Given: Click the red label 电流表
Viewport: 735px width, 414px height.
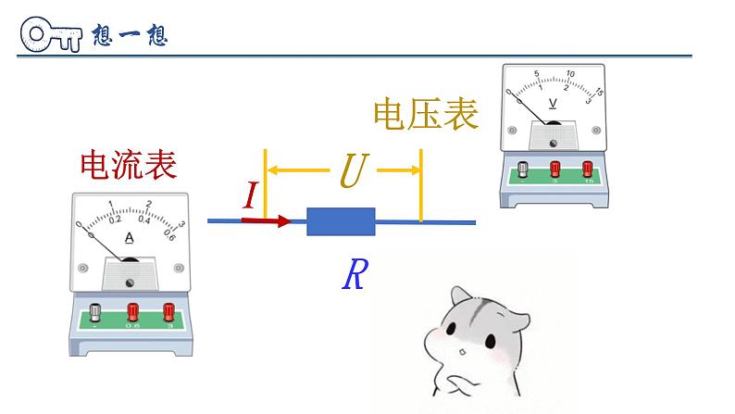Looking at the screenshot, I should pyautogui.click(x=128, y=165).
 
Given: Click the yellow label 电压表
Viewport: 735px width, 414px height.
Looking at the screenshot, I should pyautogui.click(x=426, y=115).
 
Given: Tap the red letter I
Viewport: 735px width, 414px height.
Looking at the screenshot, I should pyautogui.click(x=250, y=195).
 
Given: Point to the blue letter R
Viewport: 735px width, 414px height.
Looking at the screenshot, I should pyautogui.click(x=354, y=275).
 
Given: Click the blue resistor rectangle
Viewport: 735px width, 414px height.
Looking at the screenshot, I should pyautogui.click(x=341, y=222).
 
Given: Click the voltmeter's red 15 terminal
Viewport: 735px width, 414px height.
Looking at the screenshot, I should pyautogui.click(x=587, y=168).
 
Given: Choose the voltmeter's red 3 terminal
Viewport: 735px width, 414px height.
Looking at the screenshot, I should pyautogui.click(x=555, y=168).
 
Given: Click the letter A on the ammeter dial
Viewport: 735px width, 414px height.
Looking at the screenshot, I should pyautogui.click(x=129, y=238).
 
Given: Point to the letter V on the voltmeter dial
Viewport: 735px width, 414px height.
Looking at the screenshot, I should pyautogui.click(x=553, y=103).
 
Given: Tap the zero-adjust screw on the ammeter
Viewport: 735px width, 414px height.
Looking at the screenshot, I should pyautogui.click(x=130, y=282).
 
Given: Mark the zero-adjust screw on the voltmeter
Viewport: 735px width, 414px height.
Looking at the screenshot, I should pyautogui.click(x=554, y=144).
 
